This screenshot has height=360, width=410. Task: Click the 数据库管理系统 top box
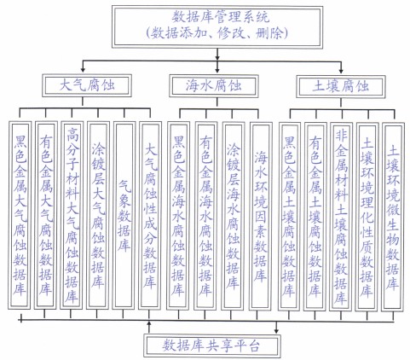(x=217, y=26)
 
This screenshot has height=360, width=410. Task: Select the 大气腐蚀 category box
(x=87, y=85)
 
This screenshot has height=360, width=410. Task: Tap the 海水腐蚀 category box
(x=214, y=86)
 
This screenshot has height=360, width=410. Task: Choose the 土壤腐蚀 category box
(x=341, y=86)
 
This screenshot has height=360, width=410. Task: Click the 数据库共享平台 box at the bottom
(x=212, y=345)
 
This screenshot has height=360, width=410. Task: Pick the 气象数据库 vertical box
(x=124, y=216)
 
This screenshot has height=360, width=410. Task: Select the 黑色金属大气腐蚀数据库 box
(x=20, y=215)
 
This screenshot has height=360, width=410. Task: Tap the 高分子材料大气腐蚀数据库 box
(x=72, y=215)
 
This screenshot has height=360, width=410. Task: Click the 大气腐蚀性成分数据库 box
(x=150, y=216)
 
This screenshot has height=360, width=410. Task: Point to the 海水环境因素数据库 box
(x=261, y=216)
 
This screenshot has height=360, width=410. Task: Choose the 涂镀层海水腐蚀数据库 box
(x=233, y=216)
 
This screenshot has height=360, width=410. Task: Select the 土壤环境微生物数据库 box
(x=393, y=217)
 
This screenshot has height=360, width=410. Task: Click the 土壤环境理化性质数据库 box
(x=367, y=217)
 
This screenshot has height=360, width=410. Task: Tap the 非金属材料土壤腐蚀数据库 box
(x=341, y=217)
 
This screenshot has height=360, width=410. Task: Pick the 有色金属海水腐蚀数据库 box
(x=205, y=216)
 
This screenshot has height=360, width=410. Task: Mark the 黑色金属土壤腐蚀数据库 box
(x=289, y=217)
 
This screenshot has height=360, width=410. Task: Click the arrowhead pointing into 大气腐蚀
(x=83, y=70)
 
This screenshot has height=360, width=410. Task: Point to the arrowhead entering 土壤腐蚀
(x=341, y=71)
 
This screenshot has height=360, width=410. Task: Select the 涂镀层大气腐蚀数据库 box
(x=98, y=215)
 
